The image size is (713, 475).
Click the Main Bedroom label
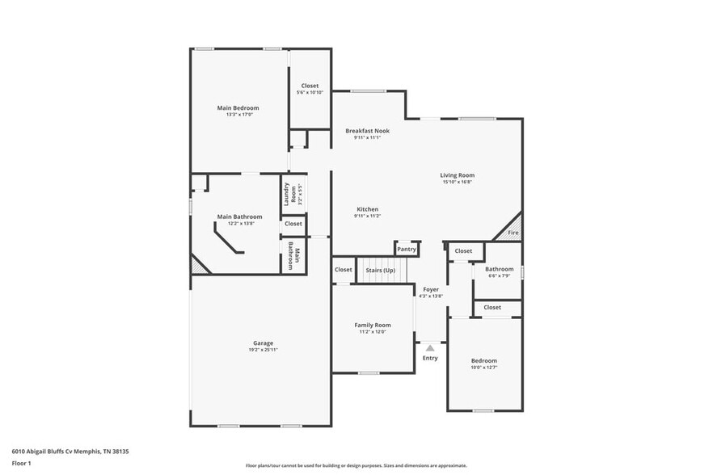(x=238, y=107)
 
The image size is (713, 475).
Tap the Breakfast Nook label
(x=367, y=130)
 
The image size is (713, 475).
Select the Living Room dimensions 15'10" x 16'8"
(x=457, y=182)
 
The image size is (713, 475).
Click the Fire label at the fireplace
(x=512, y=233)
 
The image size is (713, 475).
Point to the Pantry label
(x=407, y=250)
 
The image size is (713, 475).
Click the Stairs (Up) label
(x=379, y=270)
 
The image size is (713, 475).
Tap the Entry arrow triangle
(x=429, y=348)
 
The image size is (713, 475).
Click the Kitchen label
(x=367, y=209)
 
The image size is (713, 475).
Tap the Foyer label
(x=430, y=289)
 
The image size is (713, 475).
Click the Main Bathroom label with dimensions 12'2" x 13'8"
(x=239, y=216)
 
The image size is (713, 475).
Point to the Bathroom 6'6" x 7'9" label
(x=499, y=269)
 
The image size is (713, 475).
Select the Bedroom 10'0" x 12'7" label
(x=484, y=360)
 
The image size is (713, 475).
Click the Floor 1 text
(x=21, y=463)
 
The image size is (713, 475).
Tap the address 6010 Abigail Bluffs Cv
(x=70, y=452)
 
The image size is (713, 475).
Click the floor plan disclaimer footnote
(x=356, y=466)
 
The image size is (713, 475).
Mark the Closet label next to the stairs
(x=343, y=270)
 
